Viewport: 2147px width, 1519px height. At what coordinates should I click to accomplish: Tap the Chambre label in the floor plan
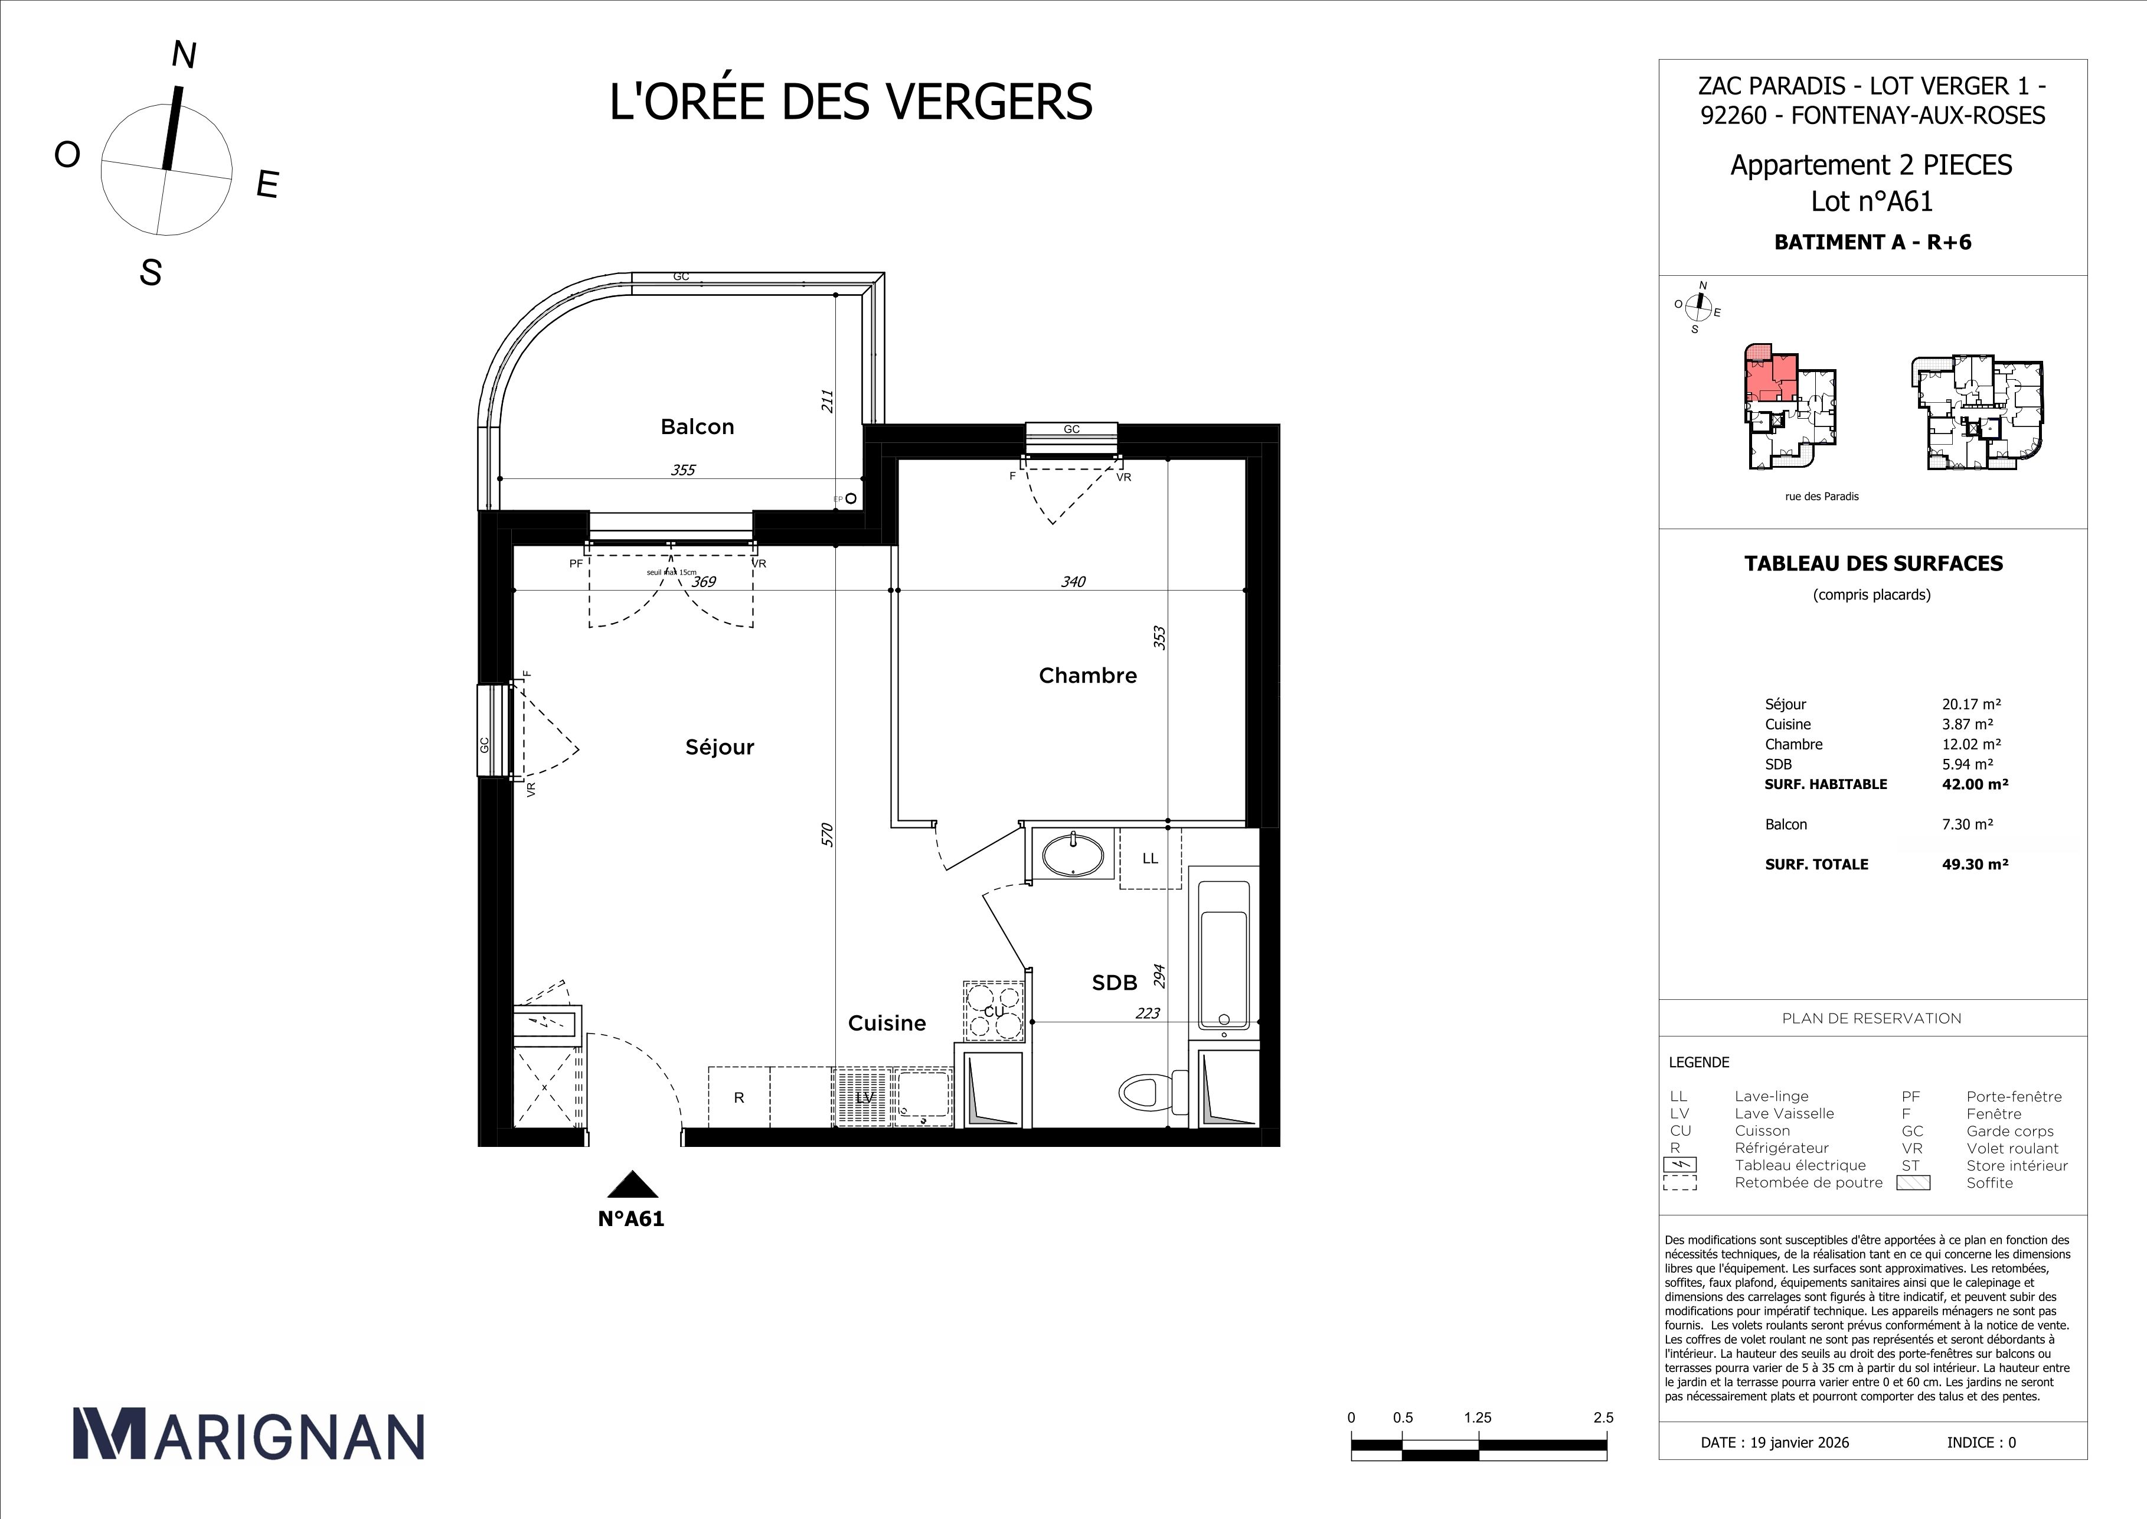[1087, 675]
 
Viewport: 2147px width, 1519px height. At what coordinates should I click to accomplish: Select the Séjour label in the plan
[719, 747]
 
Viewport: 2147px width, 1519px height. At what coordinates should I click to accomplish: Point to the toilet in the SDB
[1145, 1091]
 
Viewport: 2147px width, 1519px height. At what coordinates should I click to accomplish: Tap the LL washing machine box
[1150, 858]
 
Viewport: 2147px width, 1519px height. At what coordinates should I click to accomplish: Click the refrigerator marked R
[738, 1097]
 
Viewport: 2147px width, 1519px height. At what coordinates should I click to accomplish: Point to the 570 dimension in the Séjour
[826, 835]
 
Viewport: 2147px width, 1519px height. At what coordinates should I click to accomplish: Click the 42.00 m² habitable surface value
[1975, 784]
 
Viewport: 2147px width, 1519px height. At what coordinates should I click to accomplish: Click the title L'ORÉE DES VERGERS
[850, 102]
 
